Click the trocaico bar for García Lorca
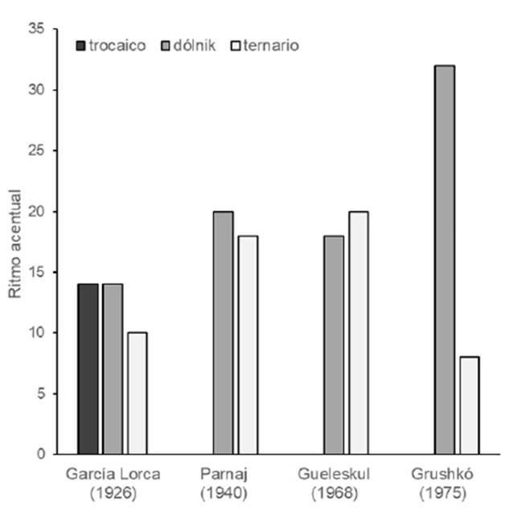(88, 369)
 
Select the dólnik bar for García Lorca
(113, 369)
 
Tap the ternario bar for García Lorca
(137, 393)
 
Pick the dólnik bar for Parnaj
(223, 332)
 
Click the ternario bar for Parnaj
(248, 345)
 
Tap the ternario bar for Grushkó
(469, 405)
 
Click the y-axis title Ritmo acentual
(14, 242)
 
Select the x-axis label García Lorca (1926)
(113, 481)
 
